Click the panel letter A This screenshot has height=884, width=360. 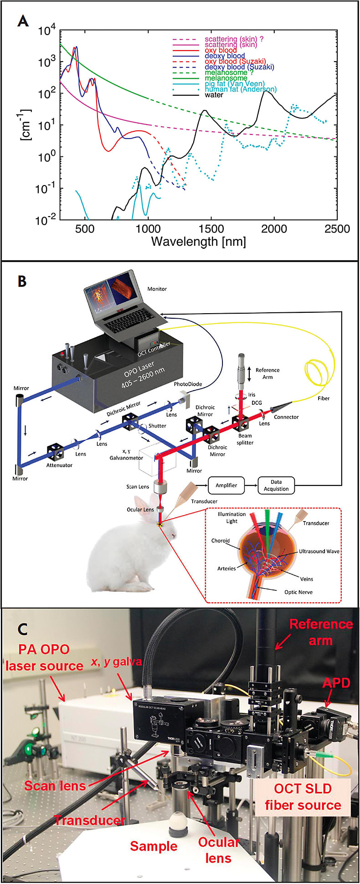click(x=22, y=21)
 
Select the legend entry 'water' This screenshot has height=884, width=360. click(x=214, y=95)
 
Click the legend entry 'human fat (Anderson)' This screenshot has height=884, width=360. click(x=240, y=89)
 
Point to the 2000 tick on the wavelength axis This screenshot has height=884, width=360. click(x=274, y=228)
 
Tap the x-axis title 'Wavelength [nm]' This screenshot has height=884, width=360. click(x=198, y=241)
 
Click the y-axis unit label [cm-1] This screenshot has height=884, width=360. click(x=26, y=124)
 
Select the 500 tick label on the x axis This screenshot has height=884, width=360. click(x=85, y=228)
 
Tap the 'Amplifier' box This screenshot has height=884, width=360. click(x=226, y=485)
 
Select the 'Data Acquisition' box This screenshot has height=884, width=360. click(x=276, y=485)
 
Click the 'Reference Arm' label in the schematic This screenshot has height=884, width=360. click(x=267, y=373)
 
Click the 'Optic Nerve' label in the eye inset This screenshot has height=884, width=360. click(x=298, y=592)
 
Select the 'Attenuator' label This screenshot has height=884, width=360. click(x=59, y=465)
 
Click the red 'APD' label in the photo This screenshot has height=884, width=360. click(x=336, y=682)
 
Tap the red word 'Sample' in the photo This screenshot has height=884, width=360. click(x=154, y=846)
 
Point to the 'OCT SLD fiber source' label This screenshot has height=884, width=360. click(x=303, y=796)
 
